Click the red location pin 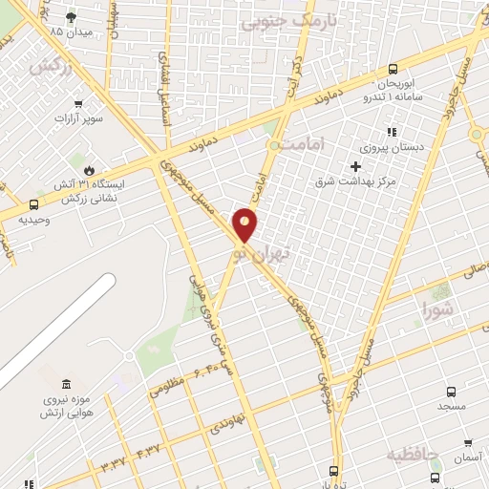245,223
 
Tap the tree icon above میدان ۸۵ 71,16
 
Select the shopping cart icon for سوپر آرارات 78,104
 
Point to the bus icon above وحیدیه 34,203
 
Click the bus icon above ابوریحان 393,69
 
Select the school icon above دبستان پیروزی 389,132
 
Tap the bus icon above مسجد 451,391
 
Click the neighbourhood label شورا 438,308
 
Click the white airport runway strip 57,330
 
